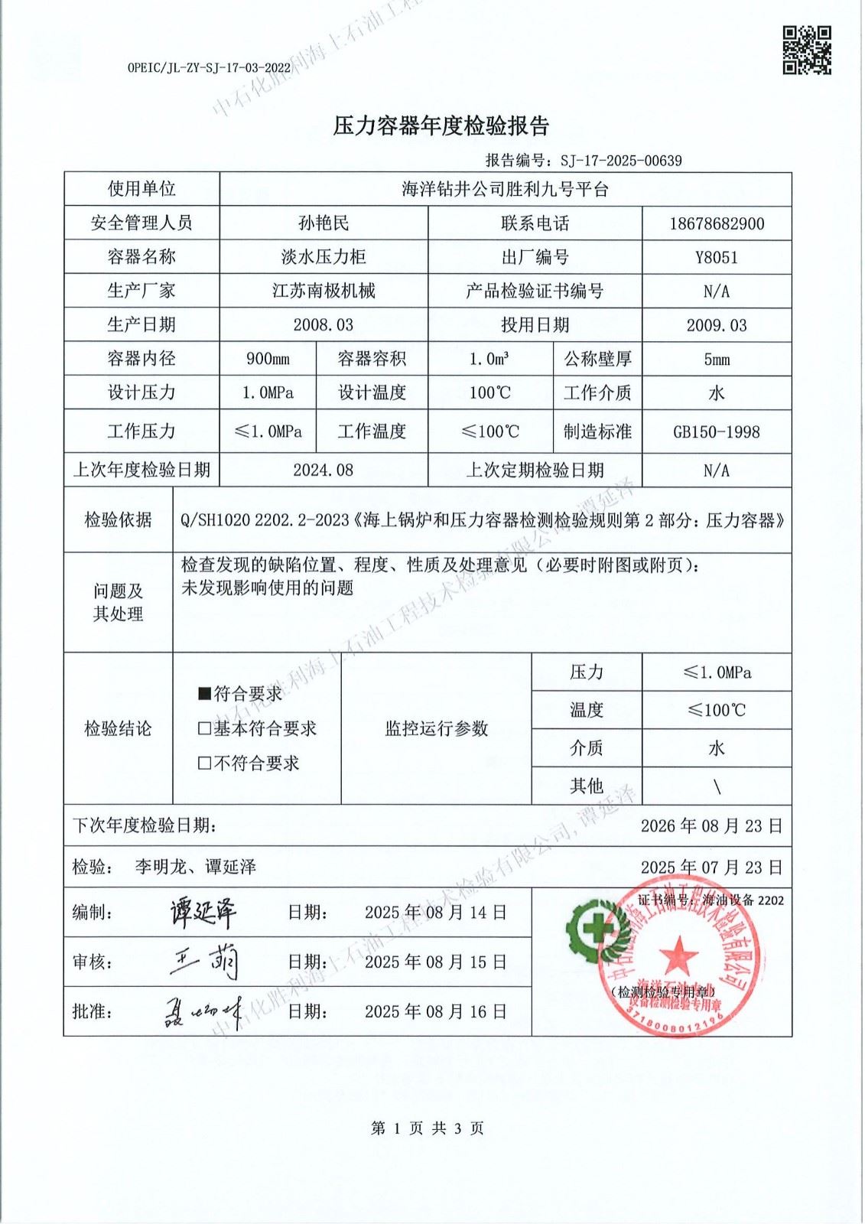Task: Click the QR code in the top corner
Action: point(806,50)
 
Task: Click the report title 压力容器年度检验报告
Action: point(441,126)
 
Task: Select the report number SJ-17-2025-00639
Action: point(621,161)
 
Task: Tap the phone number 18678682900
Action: point(717,223)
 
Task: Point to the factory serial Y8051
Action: point(717,257)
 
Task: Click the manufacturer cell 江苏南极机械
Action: point(324,291)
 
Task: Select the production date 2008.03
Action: point(324,325)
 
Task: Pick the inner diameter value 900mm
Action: point(268,359)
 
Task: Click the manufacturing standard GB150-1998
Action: point(717,431)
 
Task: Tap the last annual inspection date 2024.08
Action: point(324,470)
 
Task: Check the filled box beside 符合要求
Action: point(204,694)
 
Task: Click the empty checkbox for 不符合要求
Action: point(204,763)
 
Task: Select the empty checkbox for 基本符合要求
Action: point(204,728)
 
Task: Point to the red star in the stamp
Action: point(678,956)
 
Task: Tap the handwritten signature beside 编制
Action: point(203,912)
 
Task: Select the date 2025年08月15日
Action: point(435,962)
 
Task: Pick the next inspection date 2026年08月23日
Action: point(711,826)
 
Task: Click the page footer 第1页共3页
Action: point(427,1128)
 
